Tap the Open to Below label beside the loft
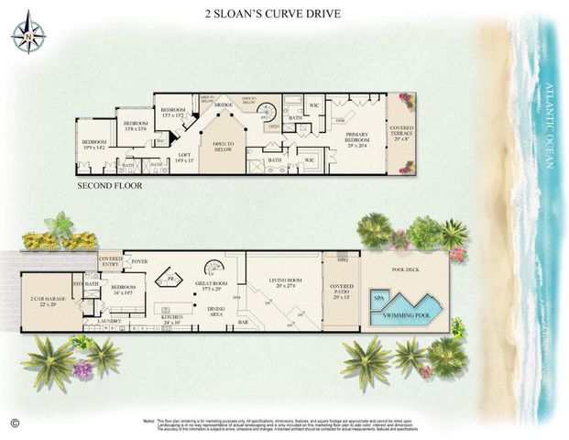click(223, 145)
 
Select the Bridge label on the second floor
click(223, 106)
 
